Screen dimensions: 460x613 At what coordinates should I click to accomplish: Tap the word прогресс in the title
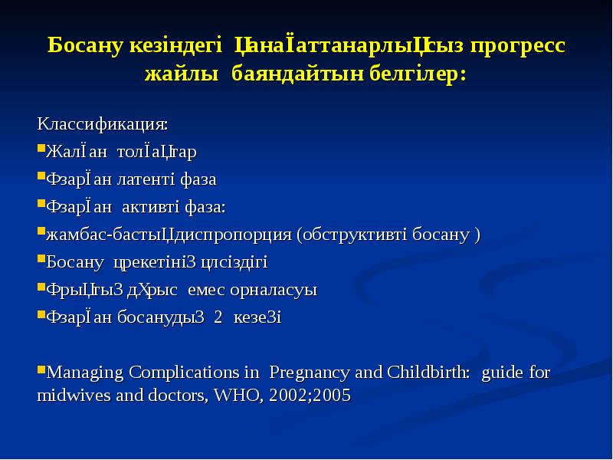pyautogui.click(x=519, y=45)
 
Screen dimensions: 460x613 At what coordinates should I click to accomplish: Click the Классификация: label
pyautogui.click(x=103, y=123)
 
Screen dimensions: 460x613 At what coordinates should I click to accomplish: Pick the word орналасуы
pyautogui.click(x=279, y=290)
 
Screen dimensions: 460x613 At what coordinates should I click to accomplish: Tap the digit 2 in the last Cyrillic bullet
pyautogui.click(x=218, y=317)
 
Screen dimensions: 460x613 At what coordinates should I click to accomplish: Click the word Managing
pyautogui.click(x=84, y=373)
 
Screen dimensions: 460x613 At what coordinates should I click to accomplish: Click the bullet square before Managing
pyautogui.click(x=41, y=371)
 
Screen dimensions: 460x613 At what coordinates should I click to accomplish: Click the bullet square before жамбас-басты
pyautogui.click(x=41, y=232)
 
